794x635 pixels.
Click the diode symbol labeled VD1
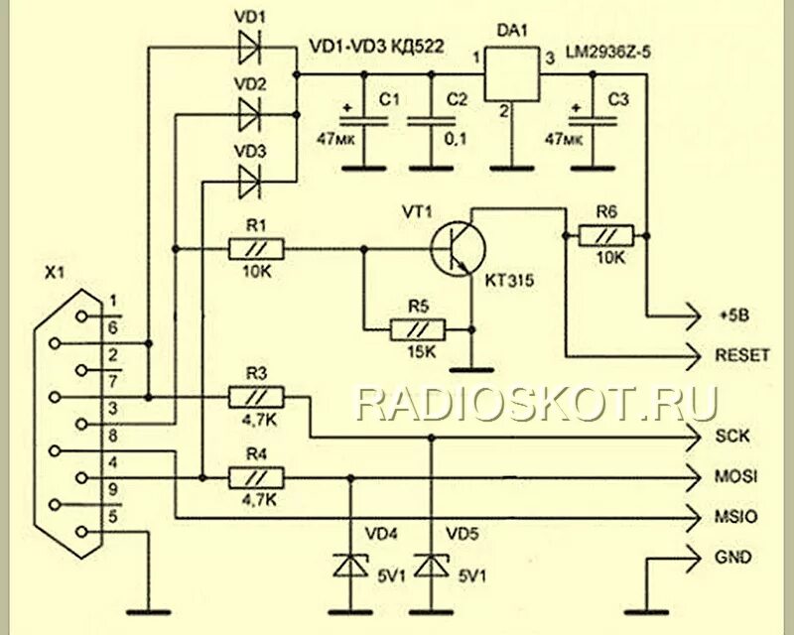coord(249,46)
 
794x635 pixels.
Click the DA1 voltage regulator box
coord(510,73)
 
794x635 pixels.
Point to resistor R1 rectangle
coord(256,248)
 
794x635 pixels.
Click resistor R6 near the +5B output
coord(608,235)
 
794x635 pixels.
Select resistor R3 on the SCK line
coord(256,398)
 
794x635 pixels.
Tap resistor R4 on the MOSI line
coord(256,477)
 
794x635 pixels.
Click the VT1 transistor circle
coord(456,247)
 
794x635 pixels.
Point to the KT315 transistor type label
coord(510,282)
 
